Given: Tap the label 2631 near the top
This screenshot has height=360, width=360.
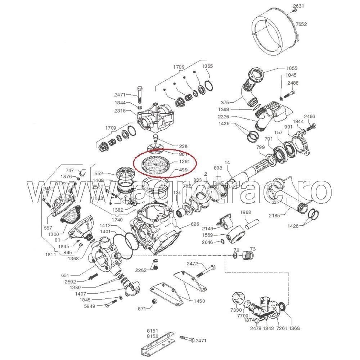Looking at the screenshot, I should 298,6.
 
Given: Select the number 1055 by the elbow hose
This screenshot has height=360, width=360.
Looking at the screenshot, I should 292,68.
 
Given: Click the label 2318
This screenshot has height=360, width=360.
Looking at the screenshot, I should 120,111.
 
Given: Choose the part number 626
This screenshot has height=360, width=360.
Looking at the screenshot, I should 195,224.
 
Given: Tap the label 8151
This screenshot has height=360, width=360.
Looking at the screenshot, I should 153,330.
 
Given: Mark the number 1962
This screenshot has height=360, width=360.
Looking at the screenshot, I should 246,212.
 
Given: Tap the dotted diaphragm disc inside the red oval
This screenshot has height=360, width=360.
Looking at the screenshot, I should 154,165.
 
